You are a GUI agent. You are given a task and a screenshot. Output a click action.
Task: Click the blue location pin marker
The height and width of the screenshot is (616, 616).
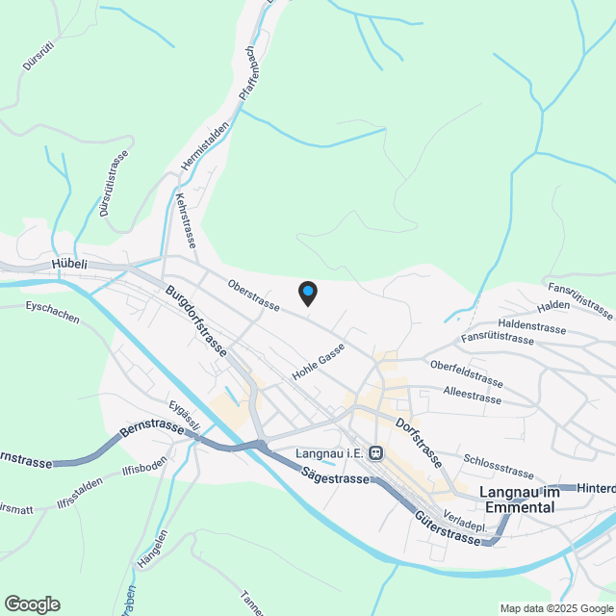[307, 292]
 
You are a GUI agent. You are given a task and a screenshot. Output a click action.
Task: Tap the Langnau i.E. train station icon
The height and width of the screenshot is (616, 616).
[375, 452]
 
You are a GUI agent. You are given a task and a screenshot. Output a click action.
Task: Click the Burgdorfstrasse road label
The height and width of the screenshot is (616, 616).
[196, 321]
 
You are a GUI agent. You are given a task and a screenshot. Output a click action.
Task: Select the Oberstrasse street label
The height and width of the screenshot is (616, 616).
[254, 295]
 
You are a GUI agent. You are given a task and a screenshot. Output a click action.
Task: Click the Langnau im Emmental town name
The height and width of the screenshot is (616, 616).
[519, 500]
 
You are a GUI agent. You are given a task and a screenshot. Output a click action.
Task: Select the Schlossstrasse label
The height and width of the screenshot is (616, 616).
[498, 466]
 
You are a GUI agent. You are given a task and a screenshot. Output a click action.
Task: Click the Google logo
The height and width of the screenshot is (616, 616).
[31, 603]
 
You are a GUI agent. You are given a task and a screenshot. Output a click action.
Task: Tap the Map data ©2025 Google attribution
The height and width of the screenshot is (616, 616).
[556, 608]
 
